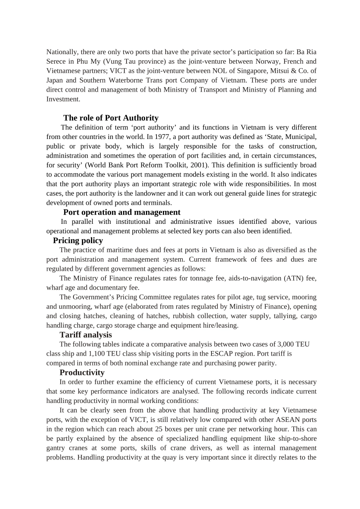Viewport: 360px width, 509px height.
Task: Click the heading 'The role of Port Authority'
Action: tap(111, 118)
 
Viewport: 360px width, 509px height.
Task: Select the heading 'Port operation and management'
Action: tap(122, 212)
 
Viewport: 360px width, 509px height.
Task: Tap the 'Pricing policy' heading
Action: tap(78, 240)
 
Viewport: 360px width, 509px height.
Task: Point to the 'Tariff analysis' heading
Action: tap(86, 335)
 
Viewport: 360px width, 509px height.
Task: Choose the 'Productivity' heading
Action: tap(82, 372)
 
